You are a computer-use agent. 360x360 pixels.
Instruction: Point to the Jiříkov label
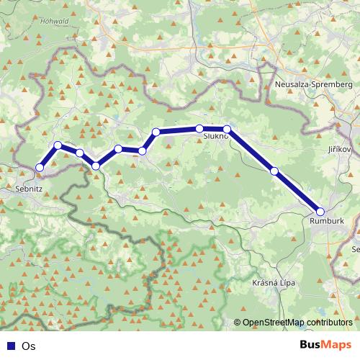(x=338, y=148)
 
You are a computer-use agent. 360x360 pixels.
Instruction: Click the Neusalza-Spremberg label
(x=313, y=84)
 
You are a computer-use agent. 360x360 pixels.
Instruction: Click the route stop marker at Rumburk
(x=320, y=212)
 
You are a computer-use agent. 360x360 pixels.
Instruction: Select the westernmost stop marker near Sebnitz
(x=40, y=168)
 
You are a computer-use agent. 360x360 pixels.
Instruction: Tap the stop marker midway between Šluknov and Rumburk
(x=274, y=171)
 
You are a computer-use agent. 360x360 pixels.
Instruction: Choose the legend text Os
(x=29, y=346)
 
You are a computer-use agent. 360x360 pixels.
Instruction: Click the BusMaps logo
(x=325, y=346)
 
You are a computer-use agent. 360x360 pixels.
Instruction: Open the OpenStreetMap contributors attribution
(x=297, y=323)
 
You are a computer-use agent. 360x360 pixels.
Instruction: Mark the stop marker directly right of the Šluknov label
(x=227, y=130)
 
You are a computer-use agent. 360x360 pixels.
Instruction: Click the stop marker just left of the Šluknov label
(x=199, y=129)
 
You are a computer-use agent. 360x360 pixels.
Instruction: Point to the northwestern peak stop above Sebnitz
(x=58, y=145)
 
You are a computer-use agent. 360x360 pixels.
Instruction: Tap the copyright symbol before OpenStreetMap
(x=238, y=323)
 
